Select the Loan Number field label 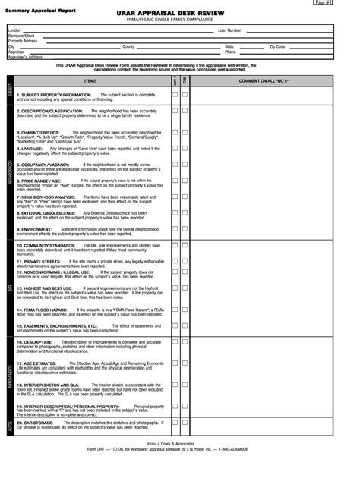click(229, 30)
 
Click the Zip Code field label click(277, 46)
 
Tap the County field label click(128, 46)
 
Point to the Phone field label click(230, 52)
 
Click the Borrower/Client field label click(21, 36)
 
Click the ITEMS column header click(90, 80)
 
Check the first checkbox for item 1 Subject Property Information click(175, 95)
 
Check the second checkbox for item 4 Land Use click(185, 149)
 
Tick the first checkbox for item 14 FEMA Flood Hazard click(175, 311)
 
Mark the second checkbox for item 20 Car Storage click(185, 422)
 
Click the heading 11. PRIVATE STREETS click(39, 260)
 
